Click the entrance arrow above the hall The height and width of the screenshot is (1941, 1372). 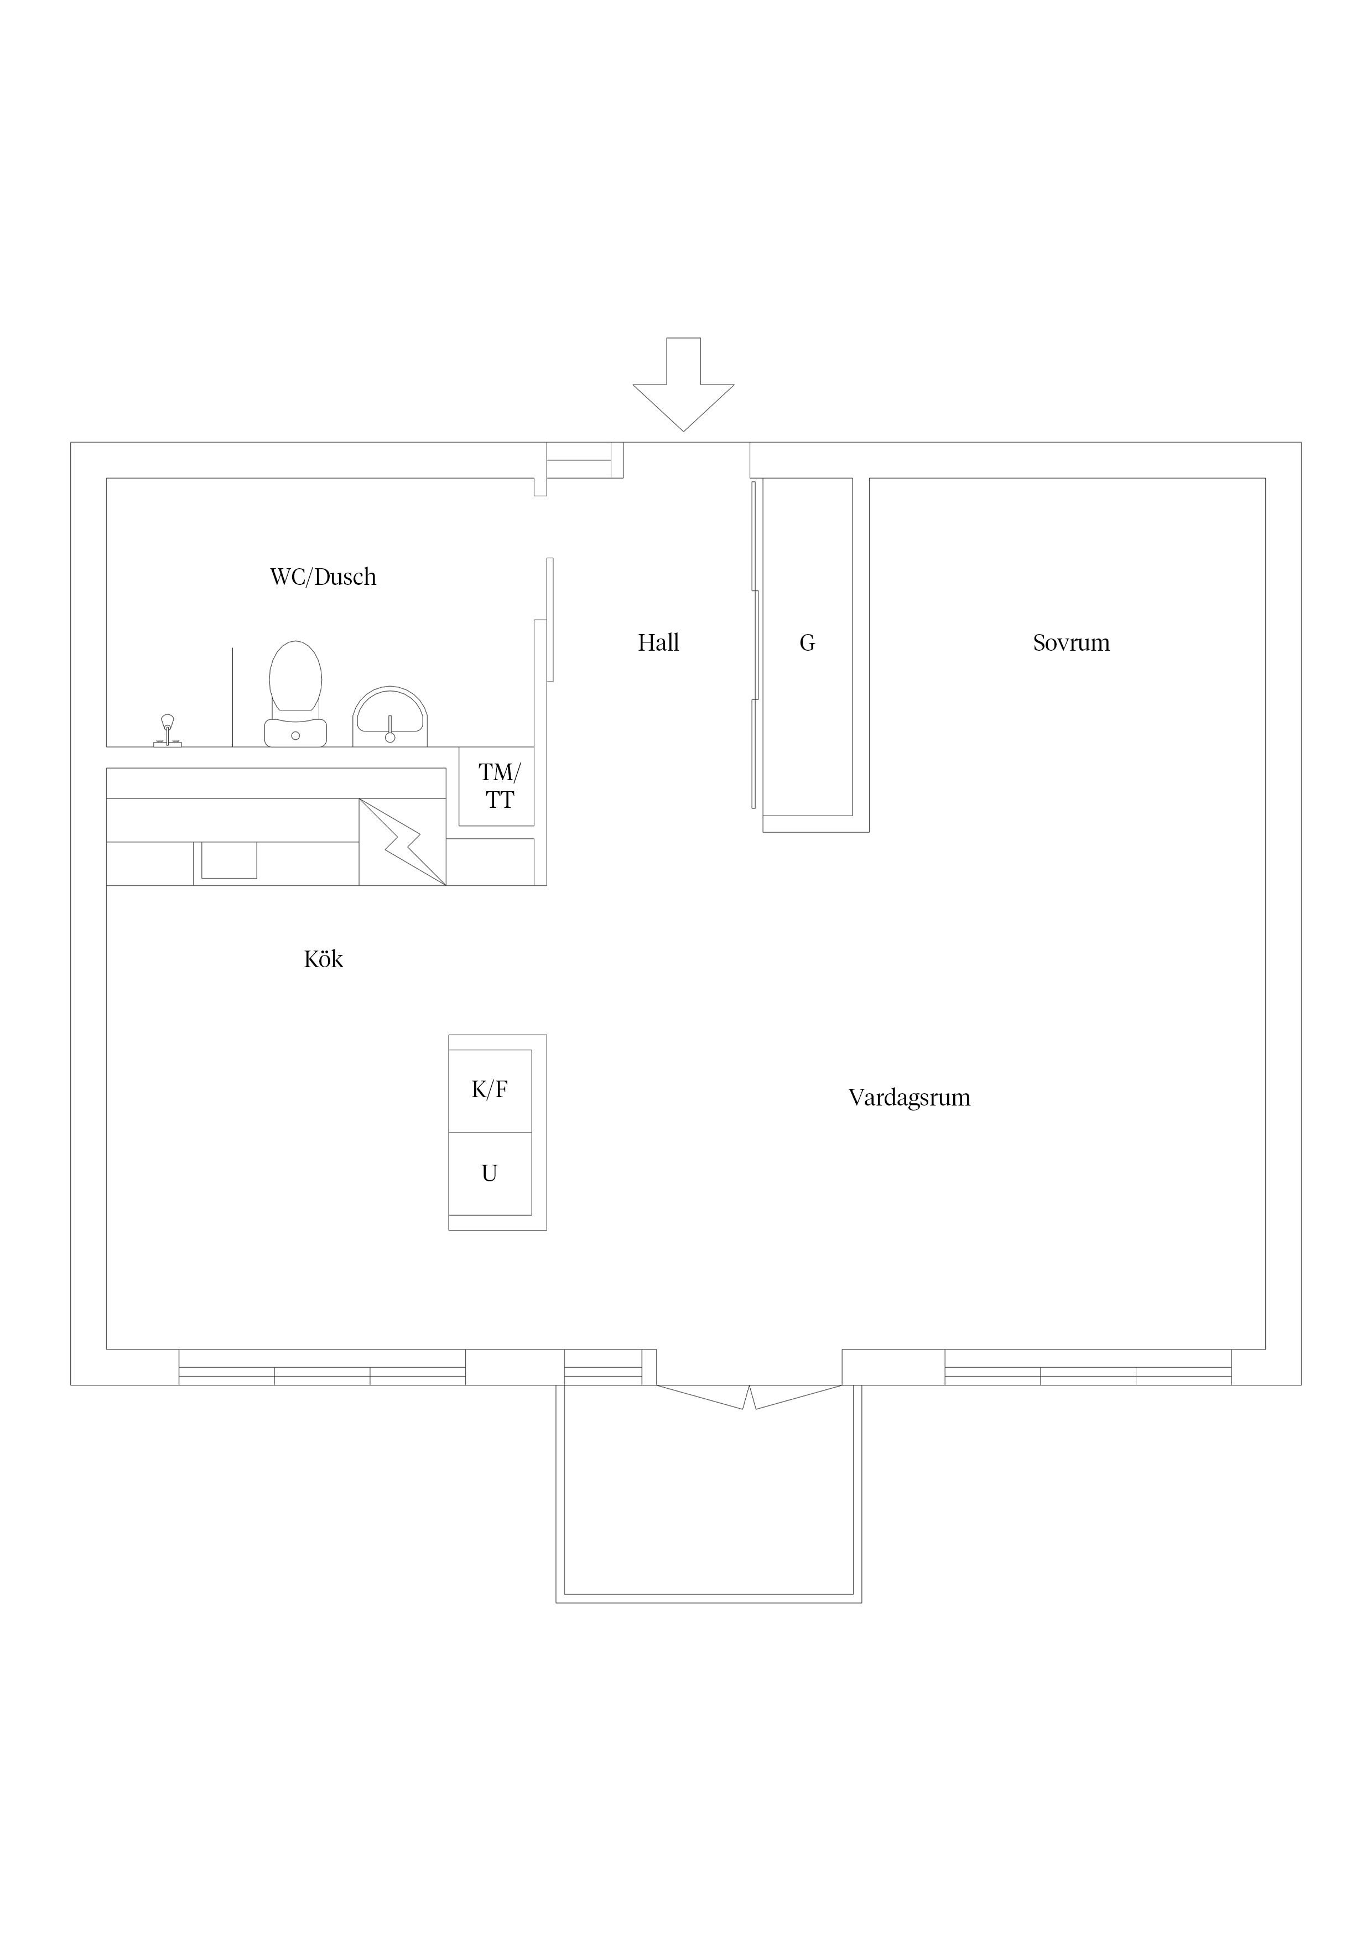pyautogui.click(x=683, y=385)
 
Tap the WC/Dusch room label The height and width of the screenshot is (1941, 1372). pyautogui.click(x=323, y=578)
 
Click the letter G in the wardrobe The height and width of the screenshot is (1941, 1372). pyautogui.click(x=807, y=643)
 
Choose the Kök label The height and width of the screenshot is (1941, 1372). pyautogui.click(x=324, y=959)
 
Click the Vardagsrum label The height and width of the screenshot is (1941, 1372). pyautogui.click(x=910, y=1097)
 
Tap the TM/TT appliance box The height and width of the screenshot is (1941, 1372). pyautogui.click(x=496, y=786)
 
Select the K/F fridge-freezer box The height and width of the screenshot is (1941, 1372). pyautogui.click(x=490, y=1091)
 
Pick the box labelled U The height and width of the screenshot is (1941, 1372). pyautogui.click(x=490, y=1174)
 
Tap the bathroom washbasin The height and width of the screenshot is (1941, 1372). pyautogui.click(x=389, y=717)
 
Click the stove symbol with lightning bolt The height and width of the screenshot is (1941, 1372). pyautogui.click(x=402, y=842)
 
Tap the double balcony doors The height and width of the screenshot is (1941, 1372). pyautogui.click(x=749, y=1398)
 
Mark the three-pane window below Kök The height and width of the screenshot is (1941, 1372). pyautogui.click(x=322, y=1367)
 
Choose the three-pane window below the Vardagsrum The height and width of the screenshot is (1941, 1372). pyautogui.click(x=1088, y=1367)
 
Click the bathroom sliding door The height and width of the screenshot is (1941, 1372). pyautogui.click(x=550, y=620)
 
